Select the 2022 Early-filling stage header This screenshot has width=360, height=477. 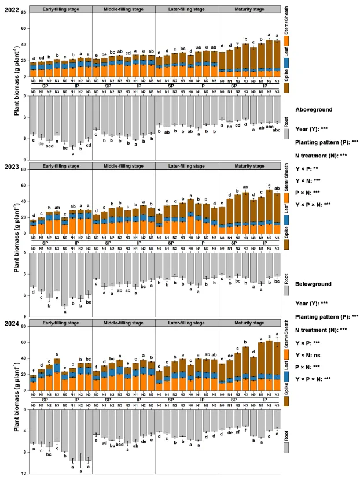60,10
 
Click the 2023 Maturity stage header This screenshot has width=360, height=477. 249,167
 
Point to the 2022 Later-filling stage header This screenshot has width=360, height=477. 186,10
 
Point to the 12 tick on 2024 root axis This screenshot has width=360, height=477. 23,474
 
